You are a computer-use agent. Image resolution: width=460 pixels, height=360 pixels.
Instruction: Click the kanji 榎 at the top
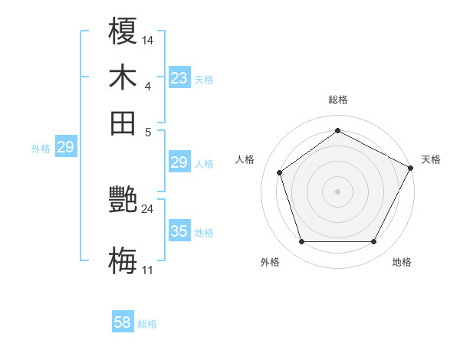point(123,32)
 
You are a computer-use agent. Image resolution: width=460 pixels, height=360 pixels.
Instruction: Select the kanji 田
point(123,122)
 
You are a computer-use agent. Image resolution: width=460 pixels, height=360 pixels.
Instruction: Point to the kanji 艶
point(123,201)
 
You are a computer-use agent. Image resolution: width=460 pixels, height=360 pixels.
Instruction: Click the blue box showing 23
point(179,78)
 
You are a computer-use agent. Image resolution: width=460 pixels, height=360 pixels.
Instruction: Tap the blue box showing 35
point(179,231)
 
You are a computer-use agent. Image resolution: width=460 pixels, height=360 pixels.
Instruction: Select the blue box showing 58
point(123,322)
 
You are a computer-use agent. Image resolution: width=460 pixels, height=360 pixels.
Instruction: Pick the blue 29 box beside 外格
point(65,148)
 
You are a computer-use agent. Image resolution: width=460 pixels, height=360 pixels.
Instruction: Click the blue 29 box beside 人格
point(179,162)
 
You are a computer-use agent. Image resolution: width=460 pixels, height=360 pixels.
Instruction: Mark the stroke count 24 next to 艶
point(148,208)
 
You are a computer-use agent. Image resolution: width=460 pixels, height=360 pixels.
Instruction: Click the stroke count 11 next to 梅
point(148,270)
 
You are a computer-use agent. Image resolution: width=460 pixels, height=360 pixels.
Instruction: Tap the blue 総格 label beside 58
point(147,324)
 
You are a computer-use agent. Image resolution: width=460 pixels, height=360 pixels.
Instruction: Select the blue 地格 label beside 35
point(204,233)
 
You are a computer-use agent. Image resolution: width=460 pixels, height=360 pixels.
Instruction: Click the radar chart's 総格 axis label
point(338,100)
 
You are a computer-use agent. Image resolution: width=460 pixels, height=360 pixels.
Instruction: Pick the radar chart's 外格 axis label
point(270,263)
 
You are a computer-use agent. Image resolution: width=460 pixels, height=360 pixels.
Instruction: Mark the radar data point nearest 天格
point(411,168)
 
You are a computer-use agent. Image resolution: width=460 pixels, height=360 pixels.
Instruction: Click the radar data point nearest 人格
point(280,172)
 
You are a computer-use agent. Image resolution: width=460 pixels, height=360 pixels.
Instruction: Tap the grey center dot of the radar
point(337,191)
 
